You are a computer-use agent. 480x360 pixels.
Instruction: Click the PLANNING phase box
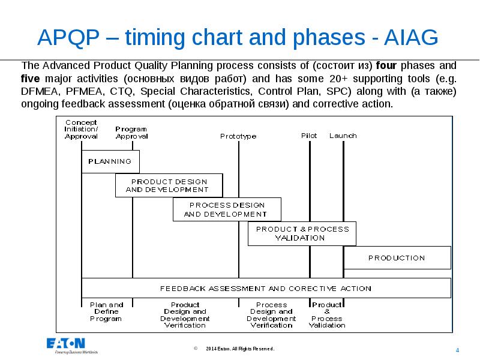pyautogui.click(x=110, y=161)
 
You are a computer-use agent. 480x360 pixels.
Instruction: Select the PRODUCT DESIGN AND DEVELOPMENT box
pyautogui.click(x=169, y=185)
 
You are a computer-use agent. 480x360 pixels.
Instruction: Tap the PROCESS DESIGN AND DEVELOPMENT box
pyautogui.click(x=227, y=209)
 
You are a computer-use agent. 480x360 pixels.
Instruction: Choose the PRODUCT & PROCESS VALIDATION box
pyautogui.click(x=302, y=233)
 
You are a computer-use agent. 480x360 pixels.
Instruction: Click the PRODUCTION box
pyautogui.click(x=397, y=257)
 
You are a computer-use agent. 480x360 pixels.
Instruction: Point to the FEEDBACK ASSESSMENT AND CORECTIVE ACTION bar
pyautogui.click(x=266, y=288)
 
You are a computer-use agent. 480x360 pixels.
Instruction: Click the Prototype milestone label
pyautogui.click(x=238, y=136)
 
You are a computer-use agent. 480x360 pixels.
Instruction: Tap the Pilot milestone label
pyautogui.click(x=309, y=136)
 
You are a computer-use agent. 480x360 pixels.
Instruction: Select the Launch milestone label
pyautogui.click(x=343, y=136)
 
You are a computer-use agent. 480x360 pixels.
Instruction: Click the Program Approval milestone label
pyautogui.click(x=131, y=133)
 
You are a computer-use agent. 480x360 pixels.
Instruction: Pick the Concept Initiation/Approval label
pyautogui.click(x=81, y=129)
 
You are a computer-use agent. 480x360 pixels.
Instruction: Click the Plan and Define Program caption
pyautogui.click(x=106, y=311)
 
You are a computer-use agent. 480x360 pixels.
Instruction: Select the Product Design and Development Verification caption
pyautogui.click(x=185, y=315)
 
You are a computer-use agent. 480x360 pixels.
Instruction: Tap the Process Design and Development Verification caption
pyautogui.click(x=271, y=315)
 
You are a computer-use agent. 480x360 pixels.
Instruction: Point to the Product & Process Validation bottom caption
pyautogui.click(x=328, y=315)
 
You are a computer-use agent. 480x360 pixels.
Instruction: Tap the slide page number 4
pyautogui.click(x=458, y=350)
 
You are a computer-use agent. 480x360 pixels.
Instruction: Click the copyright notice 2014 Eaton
pyautogui.click(x=239, y=349)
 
